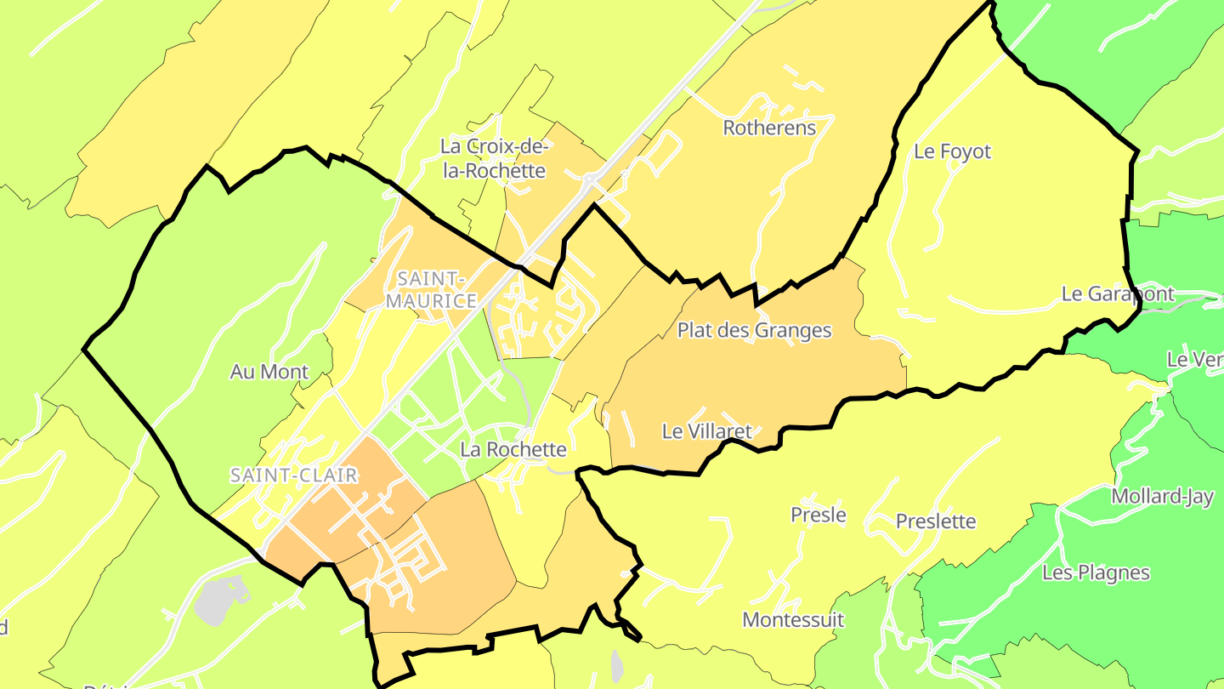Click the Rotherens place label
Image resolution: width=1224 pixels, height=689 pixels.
[x=768, y=128]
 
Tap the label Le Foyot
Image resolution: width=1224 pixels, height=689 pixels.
[x=952, y=151]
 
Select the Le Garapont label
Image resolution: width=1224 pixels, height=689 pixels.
[x=1117, y=294]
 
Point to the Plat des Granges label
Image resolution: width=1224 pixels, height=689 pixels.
[x=754, y=330]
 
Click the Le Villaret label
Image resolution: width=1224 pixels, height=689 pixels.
[x=706, y=431]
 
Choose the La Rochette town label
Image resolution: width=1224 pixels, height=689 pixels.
[x=513, y=448]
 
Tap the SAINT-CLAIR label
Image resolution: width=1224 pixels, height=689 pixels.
[x=293, y=475]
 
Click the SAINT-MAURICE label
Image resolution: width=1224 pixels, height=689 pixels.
[x=431, y=290]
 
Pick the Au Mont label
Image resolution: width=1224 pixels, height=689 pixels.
[x=269, y=372]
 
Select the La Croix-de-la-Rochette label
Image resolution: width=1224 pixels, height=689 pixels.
[x=492, y=158]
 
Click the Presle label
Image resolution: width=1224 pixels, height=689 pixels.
[x=818, y=515]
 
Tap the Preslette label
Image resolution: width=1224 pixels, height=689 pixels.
[x=936, y=521]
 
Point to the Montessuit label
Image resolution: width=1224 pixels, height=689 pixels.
[x=793, y=620]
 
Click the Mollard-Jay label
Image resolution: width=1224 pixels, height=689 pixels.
[x=1162, y=497]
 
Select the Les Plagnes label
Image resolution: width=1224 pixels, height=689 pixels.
[x=1095, y=572]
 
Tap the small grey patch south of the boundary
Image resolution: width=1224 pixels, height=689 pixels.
[x=617, y=666]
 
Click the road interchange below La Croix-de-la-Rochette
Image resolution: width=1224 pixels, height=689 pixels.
[x=589, y=179]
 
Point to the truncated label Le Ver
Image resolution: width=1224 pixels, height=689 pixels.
[x=1193, y=360]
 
